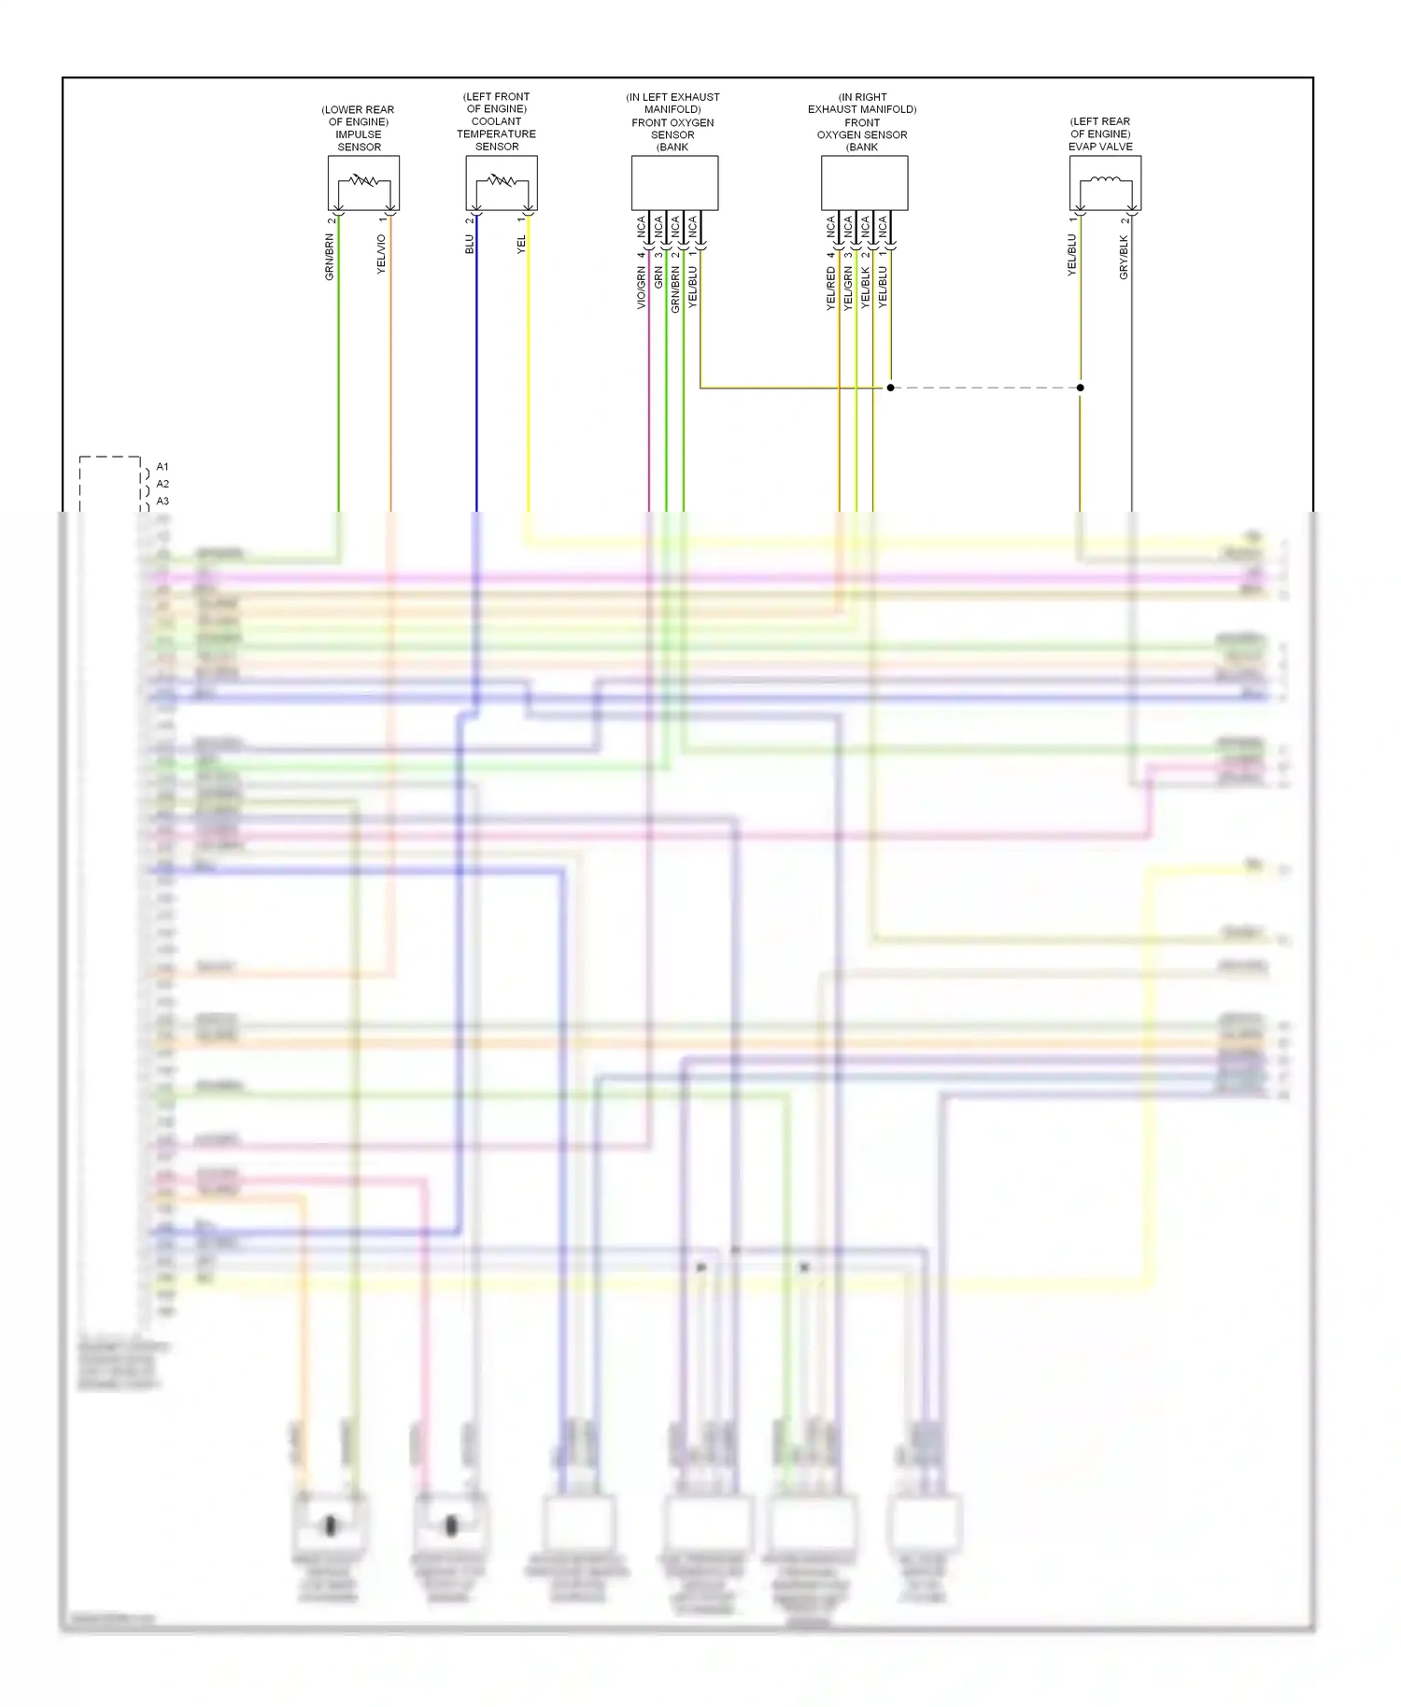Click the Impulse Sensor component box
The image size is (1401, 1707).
363,182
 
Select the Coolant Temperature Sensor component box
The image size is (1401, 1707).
502,182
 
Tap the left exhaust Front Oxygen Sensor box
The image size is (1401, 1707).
674,182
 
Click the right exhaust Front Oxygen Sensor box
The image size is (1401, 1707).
864,182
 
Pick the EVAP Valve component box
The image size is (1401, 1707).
1105,182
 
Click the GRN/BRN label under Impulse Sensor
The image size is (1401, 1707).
329,257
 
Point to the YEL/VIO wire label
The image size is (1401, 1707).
381,254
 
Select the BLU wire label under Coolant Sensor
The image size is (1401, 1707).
470,244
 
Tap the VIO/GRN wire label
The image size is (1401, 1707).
642,288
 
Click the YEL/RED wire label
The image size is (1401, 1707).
830,288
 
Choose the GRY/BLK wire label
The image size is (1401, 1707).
1124,257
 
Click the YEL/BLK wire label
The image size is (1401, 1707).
866,288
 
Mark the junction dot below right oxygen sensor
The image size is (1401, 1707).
890,388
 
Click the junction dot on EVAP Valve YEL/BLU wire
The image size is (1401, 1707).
1081,388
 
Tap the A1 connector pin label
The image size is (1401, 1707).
163,467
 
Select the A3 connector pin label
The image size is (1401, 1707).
163,501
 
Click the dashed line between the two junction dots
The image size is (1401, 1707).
985,388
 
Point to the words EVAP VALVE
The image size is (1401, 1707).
1100,147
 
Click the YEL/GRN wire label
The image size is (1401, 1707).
848,288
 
